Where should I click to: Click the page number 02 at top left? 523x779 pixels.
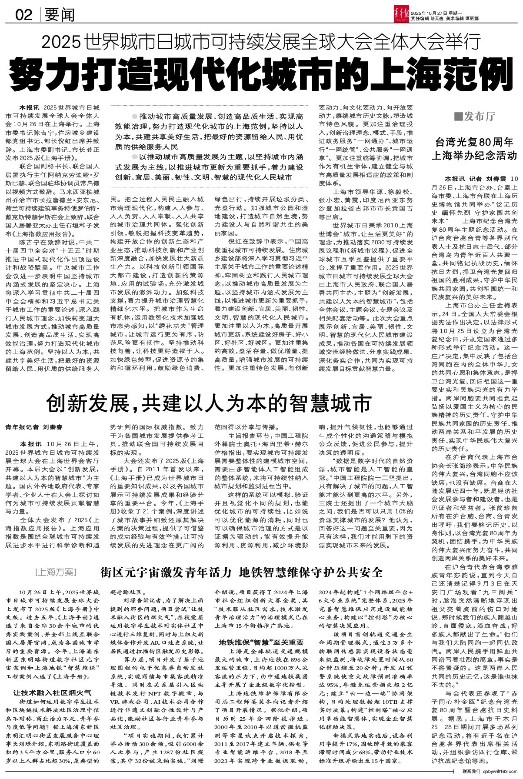(x=24, y=15)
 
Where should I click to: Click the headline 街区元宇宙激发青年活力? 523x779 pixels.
(x=165, y=571)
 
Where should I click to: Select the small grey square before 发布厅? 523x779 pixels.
(x=457, y=116)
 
